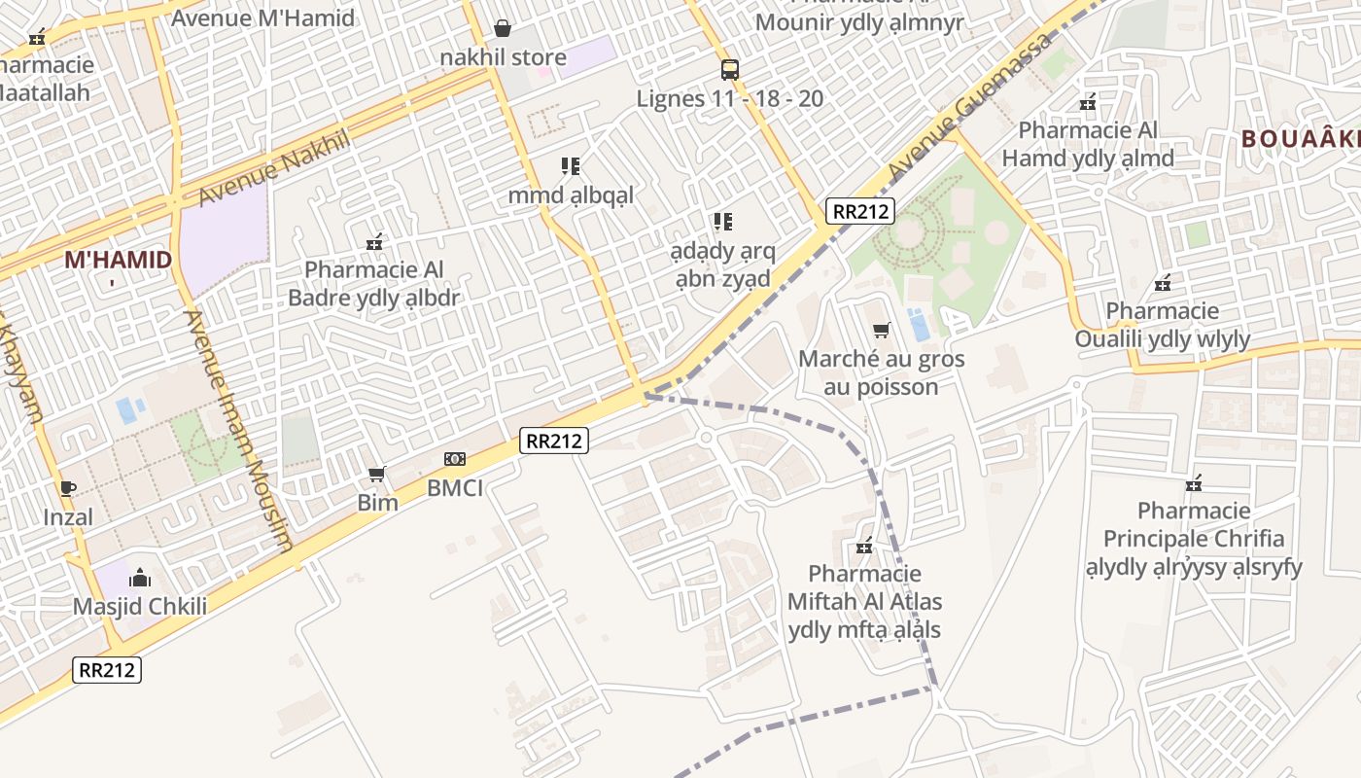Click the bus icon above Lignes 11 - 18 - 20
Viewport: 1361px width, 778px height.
(x=729, y=69)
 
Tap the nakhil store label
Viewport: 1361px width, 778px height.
(x=503, y=56)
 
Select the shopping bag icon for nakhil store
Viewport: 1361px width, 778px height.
(x=503, y=27)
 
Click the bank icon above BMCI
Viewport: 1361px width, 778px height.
(x=455, y=459)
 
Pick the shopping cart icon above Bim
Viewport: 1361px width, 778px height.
(x=377, y=474)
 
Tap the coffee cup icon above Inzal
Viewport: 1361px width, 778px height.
(x=67, y=488)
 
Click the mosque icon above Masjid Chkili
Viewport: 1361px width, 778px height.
(x=140, y=578)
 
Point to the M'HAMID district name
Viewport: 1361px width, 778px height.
(x=118, y=260)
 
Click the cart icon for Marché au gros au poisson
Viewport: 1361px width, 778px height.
(x=881, y=330)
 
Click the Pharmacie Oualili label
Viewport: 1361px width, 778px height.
(x=1162, y=325)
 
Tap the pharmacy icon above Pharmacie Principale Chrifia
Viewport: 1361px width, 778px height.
(x=1194, y=482)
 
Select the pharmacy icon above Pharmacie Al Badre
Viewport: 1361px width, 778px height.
(x=373, y=241)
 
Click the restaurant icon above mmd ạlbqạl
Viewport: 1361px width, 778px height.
(x=571, y=166)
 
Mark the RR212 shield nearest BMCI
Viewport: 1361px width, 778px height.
(x=554, y=441)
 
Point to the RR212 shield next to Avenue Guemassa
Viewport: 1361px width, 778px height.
(x=860, y=210)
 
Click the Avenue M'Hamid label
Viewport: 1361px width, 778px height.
(x=262, y=18)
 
